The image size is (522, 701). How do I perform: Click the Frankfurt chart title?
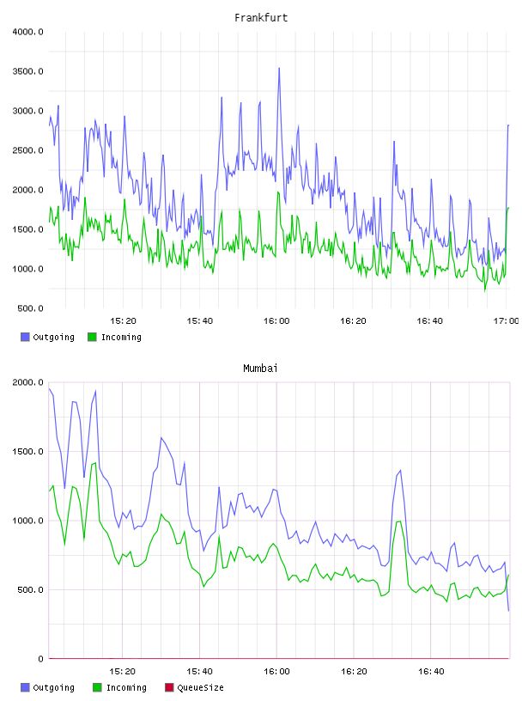coord(261,18)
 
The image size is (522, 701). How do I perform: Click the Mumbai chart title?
coord(260,369)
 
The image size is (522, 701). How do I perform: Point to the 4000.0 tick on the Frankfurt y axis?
coord(27,32)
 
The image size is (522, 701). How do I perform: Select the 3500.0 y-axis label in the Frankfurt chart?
coord(27,71)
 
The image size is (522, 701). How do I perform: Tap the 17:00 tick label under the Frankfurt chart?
coord(506,321)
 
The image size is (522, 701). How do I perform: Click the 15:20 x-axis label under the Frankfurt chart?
coord(123,321)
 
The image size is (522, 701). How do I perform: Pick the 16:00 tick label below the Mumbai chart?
coord(276,672)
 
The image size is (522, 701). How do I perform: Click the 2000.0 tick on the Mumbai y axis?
coord(27,382)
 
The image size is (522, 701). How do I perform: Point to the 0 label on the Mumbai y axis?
coord(40,659)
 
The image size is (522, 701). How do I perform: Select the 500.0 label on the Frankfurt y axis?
coord(30,308)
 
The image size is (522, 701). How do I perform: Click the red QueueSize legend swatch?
coord(169,687)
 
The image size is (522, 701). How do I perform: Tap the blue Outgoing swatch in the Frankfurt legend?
coord(25,337)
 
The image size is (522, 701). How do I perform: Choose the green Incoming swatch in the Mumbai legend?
coord(97,687)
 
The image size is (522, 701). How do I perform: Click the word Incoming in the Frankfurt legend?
coord(121,338)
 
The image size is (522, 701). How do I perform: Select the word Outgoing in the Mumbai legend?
coord(53,688)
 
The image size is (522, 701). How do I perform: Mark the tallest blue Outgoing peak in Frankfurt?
coord(279,69)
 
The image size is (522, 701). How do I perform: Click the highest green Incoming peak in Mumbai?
coord(95,463)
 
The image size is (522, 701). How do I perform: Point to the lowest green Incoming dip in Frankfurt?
coord(485,290)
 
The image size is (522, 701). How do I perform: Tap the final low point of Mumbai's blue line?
coord(508,611)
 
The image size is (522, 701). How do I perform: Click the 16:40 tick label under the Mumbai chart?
coord(431,672)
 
